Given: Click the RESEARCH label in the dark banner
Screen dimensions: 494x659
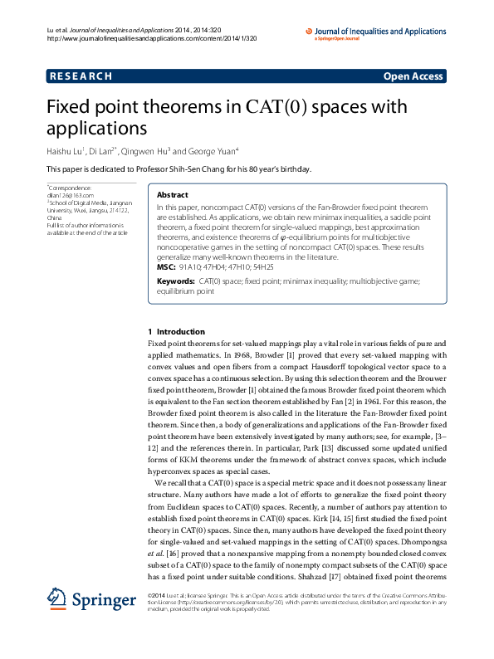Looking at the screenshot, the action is pos(81,76).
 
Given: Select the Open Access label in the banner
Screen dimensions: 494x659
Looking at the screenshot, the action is pos(413,76).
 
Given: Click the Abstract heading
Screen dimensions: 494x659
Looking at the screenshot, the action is pos(172,194).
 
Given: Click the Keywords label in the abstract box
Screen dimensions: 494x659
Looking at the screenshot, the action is pos(174,281).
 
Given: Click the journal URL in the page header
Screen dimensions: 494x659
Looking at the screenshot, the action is pos(133,38).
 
